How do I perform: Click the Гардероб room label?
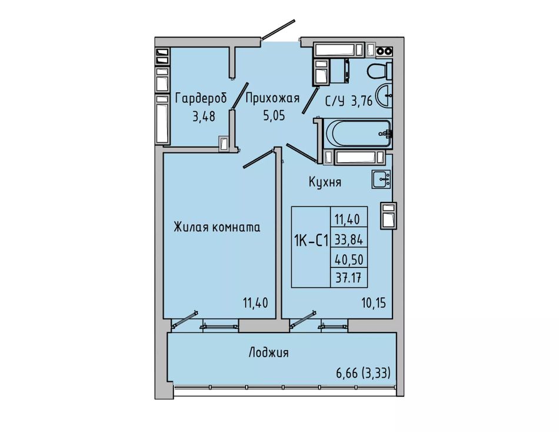coord(201,98)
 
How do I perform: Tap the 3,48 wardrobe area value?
coord(204,117)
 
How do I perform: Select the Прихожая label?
coord(272,98)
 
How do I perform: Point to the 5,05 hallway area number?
coord(274,115)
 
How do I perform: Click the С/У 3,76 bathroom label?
coord(349,101)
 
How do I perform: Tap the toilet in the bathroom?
coord(380,71)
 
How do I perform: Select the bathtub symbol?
coord(358,133)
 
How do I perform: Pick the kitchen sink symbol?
coord(381,179)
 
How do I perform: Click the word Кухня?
coord(325,182)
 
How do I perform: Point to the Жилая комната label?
coord(217,227)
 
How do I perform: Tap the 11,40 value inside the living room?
coord(255,303)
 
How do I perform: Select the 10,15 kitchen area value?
coord(373,303)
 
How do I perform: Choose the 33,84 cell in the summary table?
coord(349,240)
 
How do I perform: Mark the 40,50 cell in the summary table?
coord(349,260)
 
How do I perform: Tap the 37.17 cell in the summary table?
coord(349,277)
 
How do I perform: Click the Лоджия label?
coord(268,353)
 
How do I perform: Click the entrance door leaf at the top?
coord(278,29)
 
